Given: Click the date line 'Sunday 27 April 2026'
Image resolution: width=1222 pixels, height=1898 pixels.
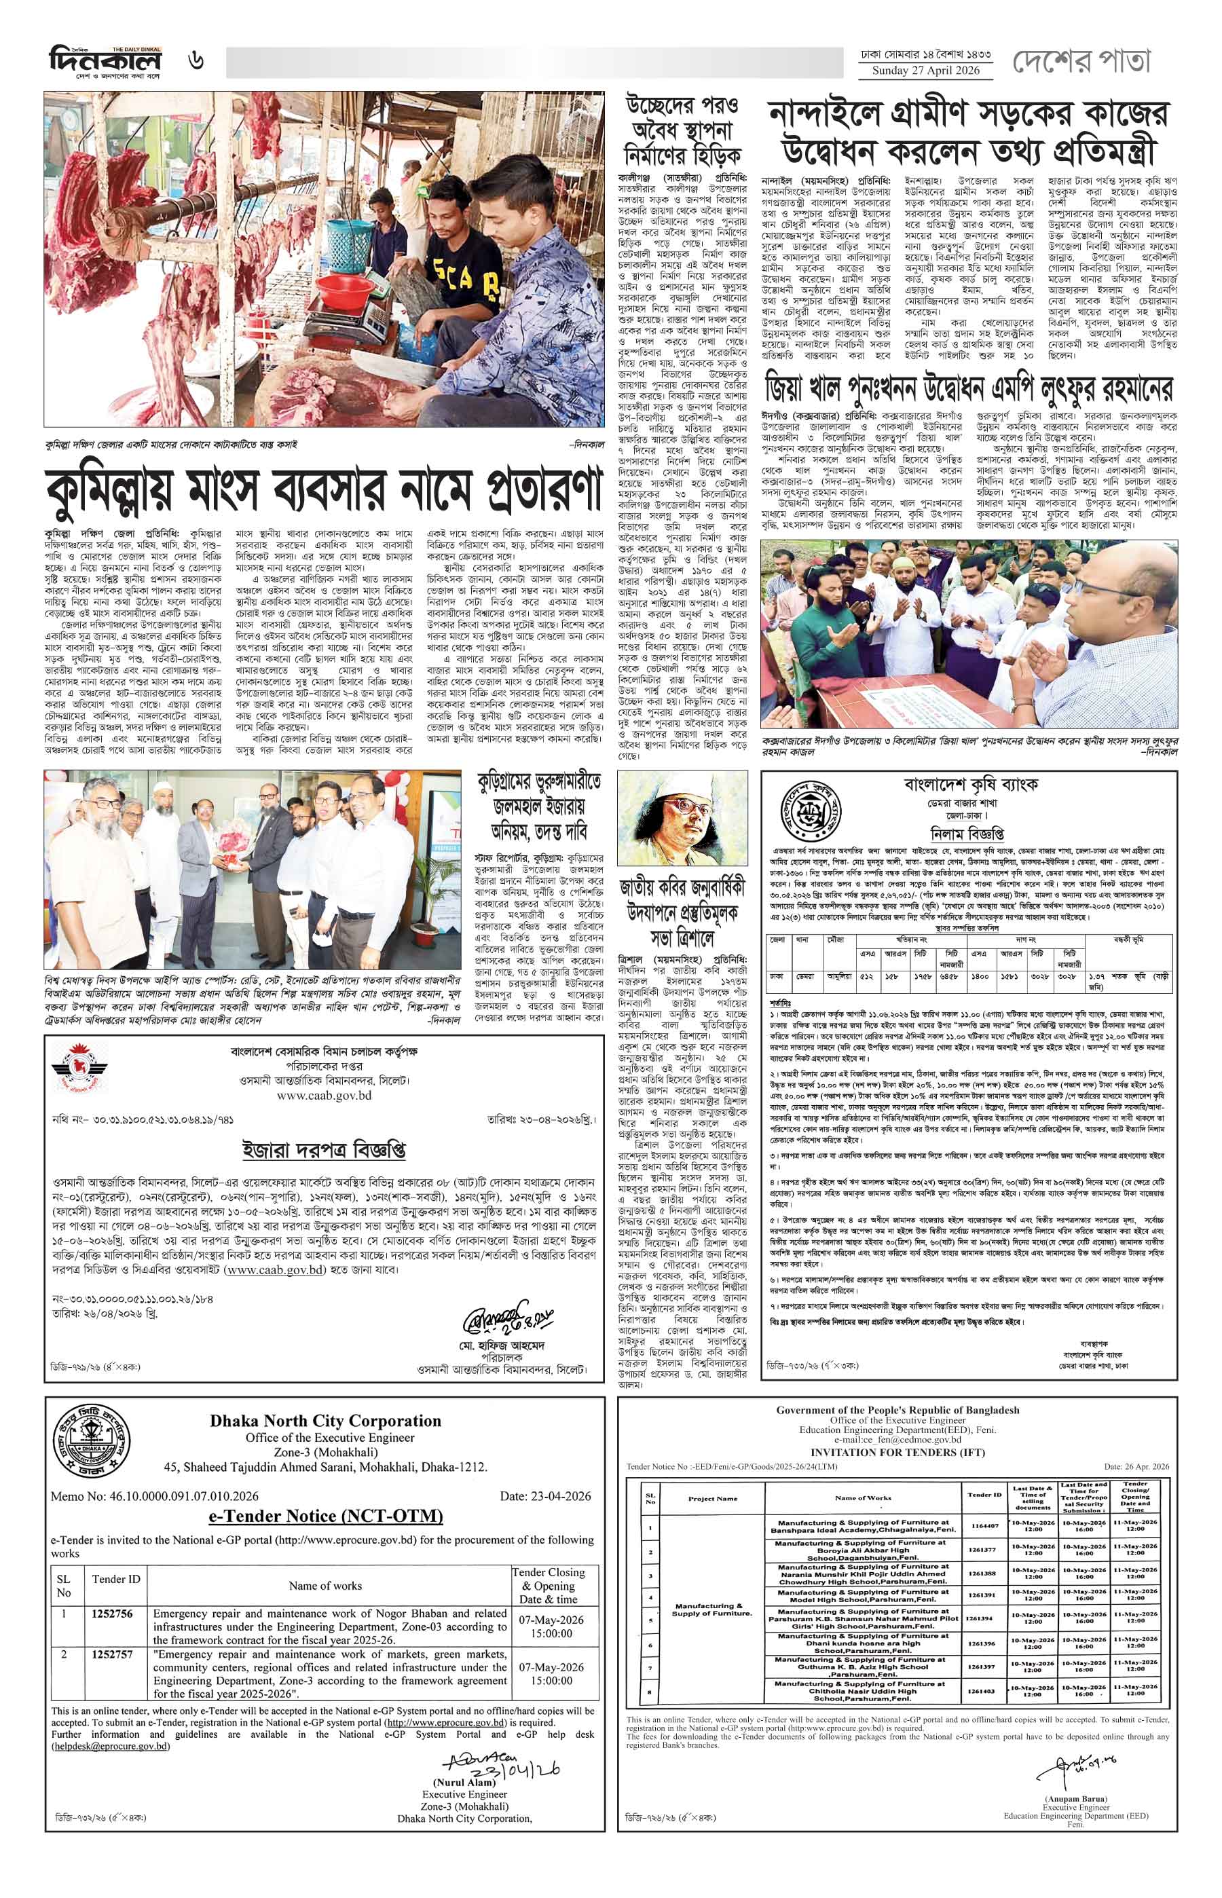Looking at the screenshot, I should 926,71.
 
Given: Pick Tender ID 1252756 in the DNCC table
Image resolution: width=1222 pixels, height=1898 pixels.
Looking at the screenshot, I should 113,1591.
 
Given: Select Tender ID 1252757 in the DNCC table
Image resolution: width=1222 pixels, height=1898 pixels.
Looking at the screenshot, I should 113,1632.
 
